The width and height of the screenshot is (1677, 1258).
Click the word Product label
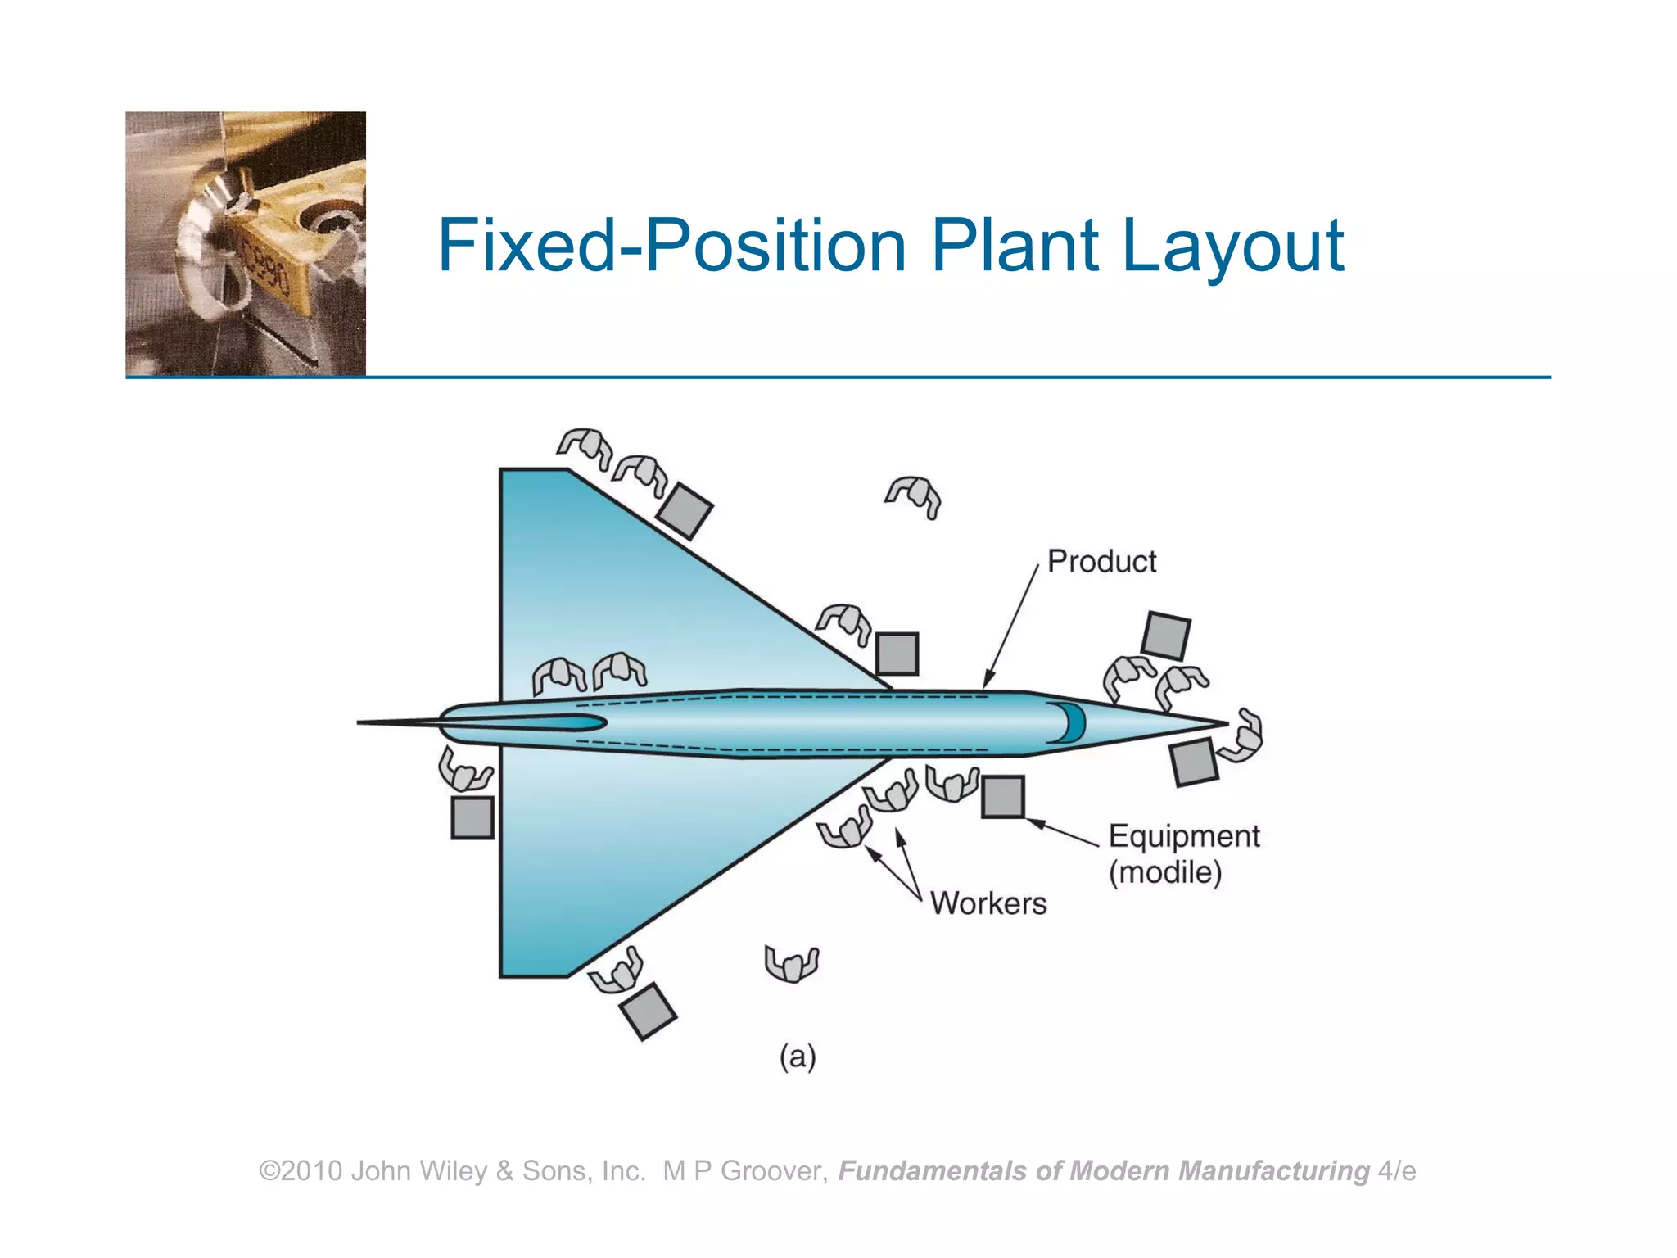point(1101,562)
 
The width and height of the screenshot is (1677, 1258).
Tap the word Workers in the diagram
point(988,903)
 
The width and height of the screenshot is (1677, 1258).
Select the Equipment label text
point(1183,836)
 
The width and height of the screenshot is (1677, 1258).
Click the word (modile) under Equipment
point(1165,872)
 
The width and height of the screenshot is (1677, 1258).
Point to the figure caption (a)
point(798,1057)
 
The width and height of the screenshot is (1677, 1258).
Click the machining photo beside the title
point(246,243)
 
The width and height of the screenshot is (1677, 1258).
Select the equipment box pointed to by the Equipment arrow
point(1002,797)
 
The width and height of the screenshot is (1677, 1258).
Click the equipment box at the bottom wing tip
point(648,1011)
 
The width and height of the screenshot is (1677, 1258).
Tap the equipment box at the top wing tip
point(685,511)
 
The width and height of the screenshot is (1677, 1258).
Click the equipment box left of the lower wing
point(472,817)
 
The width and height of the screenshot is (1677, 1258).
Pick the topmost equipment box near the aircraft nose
point(1166,635)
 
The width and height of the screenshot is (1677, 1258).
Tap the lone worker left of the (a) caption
point(791,963)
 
